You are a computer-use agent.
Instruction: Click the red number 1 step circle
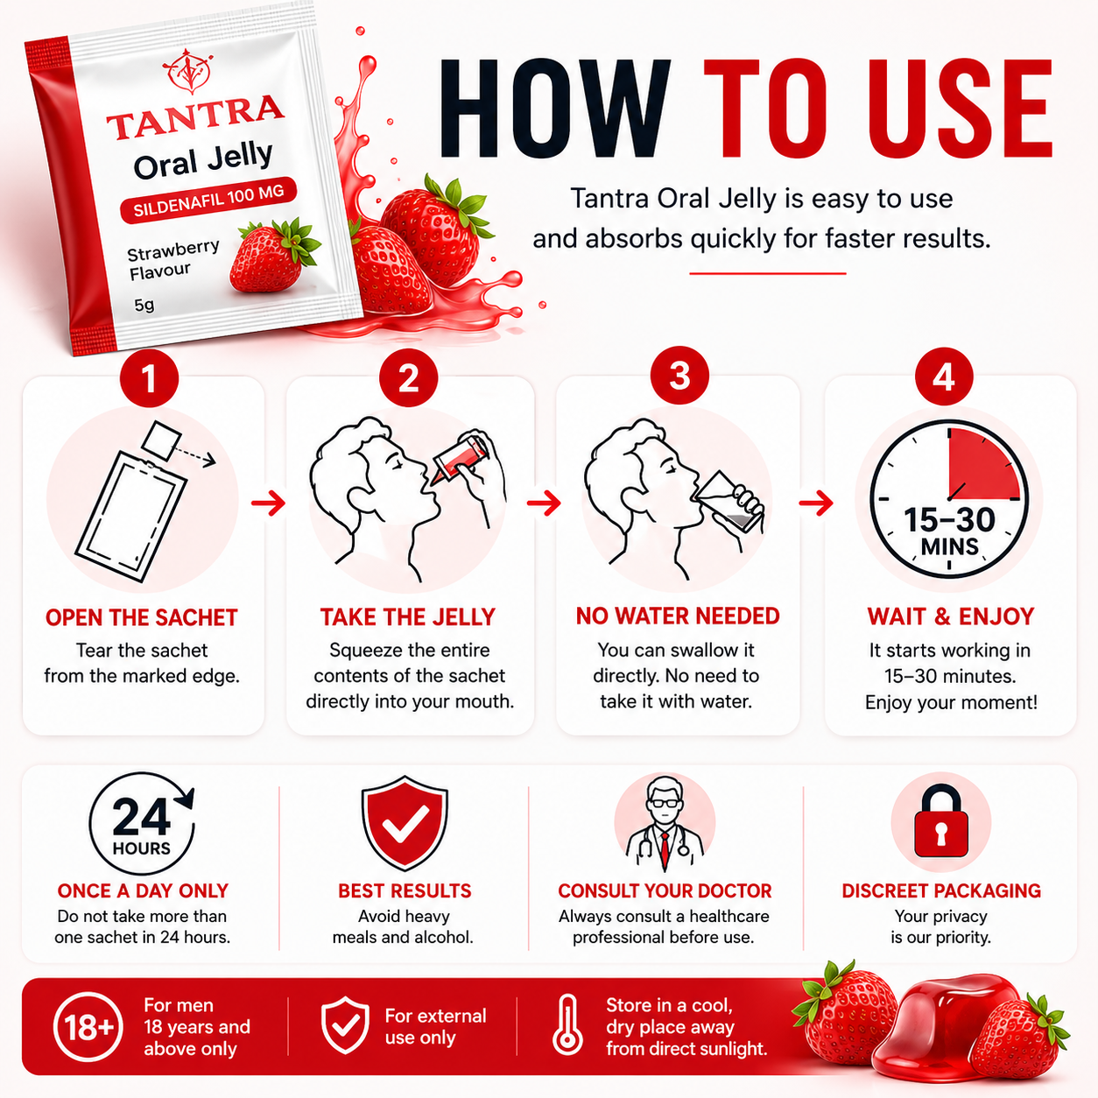click(x=149, y=378)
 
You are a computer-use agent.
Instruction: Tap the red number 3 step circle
click(x=679, y=376)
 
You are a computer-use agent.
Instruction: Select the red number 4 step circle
click(x=944, y=377)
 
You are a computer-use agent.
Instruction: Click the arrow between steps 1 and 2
click(x=269, y=503)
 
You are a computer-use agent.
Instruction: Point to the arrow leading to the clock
click(x=817, y=503)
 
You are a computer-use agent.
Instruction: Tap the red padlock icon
click(x=941, y=821)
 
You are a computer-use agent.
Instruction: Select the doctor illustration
click(x=665, y=824)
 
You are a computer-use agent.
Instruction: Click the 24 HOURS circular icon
click(x=142, y=823)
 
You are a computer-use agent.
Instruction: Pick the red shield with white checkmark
click(x=405, y=822)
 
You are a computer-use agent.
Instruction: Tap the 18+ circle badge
click(x=88, y=1027)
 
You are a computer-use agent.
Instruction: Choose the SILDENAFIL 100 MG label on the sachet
click(x=208, y=201)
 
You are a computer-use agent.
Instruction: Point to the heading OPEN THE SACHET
click(x=141, y=617)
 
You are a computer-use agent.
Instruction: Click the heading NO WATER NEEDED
click(x=678, y=616)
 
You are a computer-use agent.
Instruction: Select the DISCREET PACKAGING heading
click(x=941, y=890)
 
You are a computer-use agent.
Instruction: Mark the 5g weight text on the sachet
click(x=144, y=305)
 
